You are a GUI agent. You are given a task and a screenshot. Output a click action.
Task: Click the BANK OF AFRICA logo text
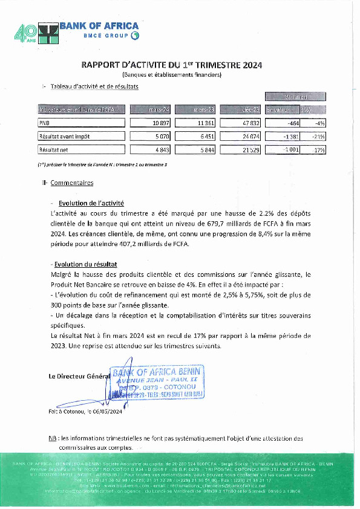99,26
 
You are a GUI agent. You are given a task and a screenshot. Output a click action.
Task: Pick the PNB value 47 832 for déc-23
249,123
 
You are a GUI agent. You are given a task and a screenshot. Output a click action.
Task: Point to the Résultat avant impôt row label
64,136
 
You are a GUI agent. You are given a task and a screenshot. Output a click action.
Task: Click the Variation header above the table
296,97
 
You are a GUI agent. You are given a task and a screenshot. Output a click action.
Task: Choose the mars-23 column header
204,109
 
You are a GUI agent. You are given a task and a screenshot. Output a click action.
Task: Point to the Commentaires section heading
71,182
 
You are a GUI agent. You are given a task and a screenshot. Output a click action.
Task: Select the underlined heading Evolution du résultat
85,264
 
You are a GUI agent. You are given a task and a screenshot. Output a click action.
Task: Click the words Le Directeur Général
79,376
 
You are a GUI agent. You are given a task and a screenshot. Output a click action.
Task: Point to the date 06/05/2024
108,412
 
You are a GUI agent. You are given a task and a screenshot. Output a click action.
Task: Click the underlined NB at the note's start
52,438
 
